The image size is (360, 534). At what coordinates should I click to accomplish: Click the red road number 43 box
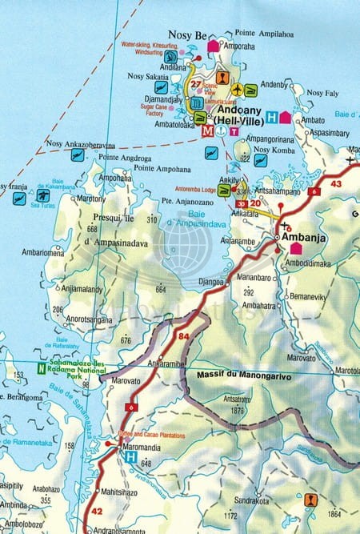point(335,184)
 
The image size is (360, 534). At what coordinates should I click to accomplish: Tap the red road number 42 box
point(97,510)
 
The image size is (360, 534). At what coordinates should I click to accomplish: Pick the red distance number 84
point(184,335)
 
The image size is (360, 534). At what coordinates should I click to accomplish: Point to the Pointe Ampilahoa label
point(265,33)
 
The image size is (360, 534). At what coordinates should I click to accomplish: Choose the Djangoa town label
point(212,281)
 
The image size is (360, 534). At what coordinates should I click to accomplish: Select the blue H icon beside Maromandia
point(130,456)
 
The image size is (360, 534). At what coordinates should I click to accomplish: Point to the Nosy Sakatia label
point(146,77)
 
